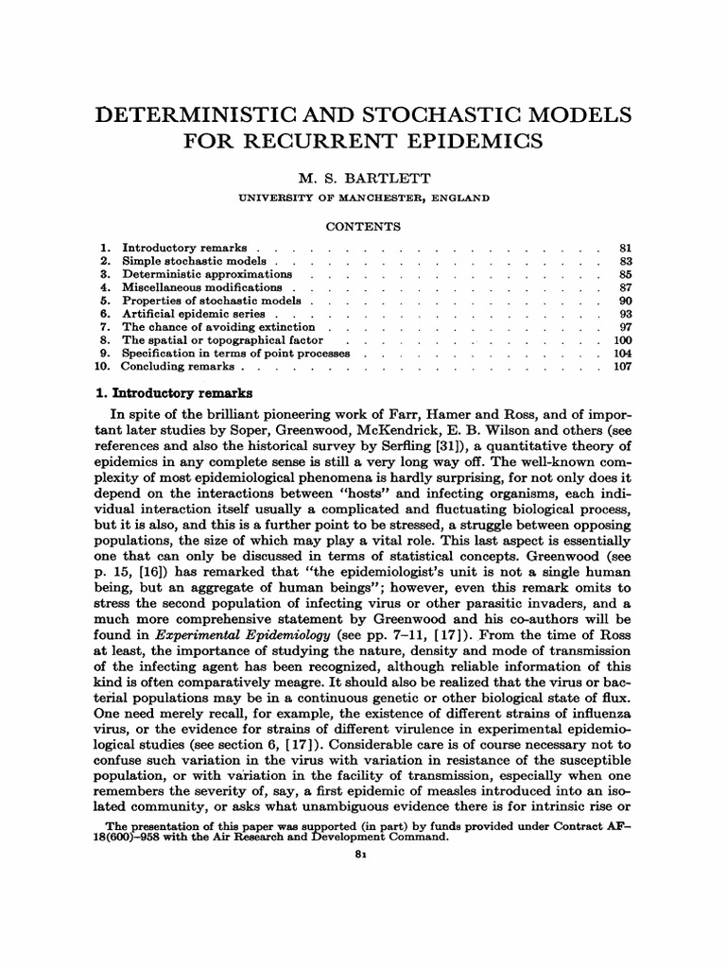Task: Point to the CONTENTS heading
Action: click(x=363, y=227)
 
